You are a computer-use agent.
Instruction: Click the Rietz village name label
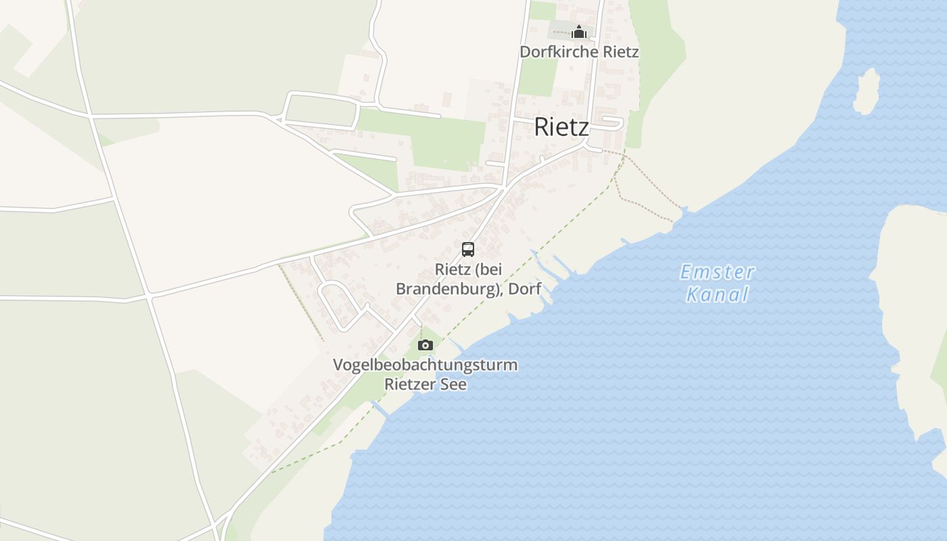point(561,126)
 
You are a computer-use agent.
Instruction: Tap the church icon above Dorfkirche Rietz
point(578,32)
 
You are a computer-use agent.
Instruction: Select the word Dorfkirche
point(551,51)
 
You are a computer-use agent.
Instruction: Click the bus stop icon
point(467,249)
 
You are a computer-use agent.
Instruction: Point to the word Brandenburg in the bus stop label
point(446,289)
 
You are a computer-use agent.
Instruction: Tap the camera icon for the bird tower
point(425,345)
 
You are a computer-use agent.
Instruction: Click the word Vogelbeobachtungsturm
point(425,365)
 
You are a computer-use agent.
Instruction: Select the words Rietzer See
point(425,384)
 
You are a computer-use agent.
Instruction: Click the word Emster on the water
point(717,273)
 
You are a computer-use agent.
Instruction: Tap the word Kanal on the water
point(718,294)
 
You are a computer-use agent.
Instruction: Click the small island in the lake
point(866,91)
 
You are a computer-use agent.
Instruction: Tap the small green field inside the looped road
point(321,108)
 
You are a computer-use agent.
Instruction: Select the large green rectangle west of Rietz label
point(446,142)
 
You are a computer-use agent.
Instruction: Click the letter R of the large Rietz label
point(541,126)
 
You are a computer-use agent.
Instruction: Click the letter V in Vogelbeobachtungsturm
point(338,365)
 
